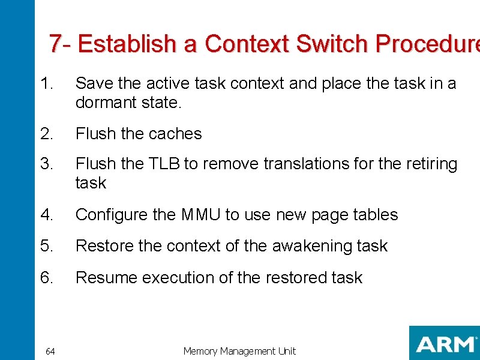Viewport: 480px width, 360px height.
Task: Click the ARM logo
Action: pos(444,344)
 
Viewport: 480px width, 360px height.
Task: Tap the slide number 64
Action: pos(50,352)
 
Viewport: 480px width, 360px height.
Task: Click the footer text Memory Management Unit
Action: pos(239,351)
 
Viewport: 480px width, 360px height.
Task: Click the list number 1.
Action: pos(46,83)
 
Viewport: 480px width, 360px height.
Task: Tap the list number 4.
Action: pos(47,215)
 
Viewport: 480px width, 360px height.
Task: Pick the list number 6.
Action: pos(47,278)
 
